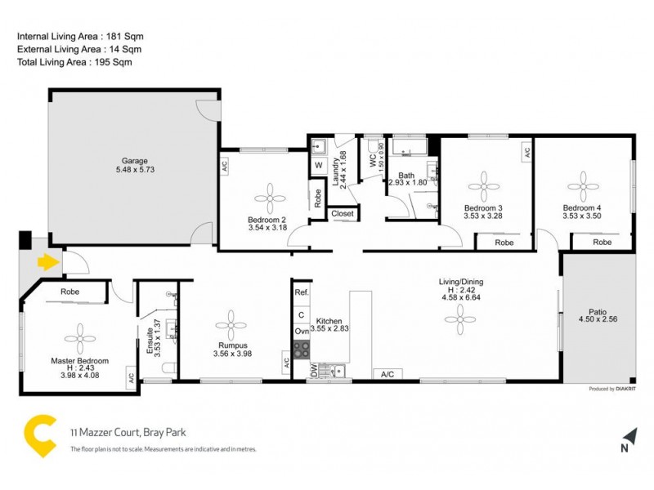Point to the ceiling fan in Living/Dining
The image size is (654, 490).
coord(460,318)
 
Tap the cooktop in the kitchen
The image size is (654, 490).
coord(302,350)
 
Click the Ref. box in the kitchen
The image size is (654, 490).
coord(302,292)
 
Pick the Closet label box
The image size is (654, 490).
coord(343,214)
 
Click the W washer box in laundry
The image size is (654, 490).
coord(318,165)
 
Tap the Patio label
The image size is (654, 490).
coord(598,311)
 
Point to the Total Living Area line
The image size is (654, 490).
coord(74,62)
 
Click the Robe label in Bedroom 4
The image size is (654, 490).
coord(602,243)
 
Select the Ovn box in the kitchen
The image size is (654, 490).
coord(302,332)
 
